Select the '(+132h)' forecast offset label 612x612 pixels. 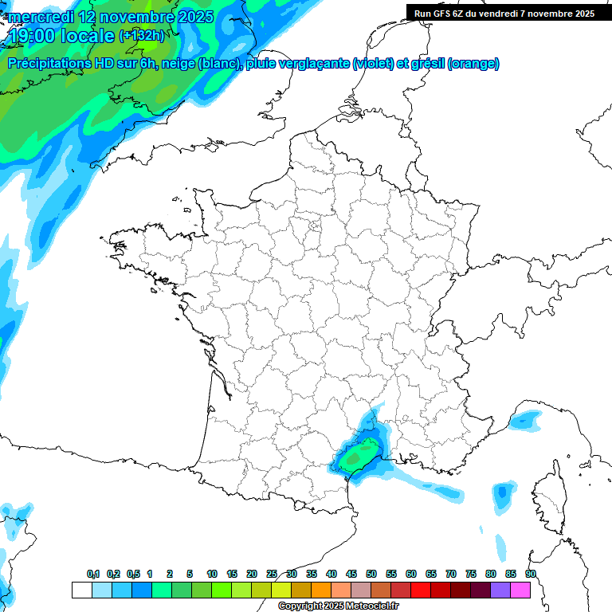(x=142, y=35)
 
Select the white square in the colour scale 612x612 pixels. (x=81, y=590)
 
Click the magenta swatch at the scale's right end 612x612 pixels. (x=520, y=590)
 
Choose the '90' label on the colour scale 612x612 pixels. (x=531, y=574)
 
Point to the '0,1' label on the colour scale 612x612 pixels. (x=92, y=574)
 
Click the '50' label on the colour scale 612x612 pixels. (x=371, y=574)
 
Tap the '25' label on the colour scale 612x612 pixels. (x=272, y=574)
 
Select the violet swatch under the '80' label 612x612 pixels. (x=500, y=590)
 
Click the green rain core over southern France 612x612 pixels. (x=355, y=457)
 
